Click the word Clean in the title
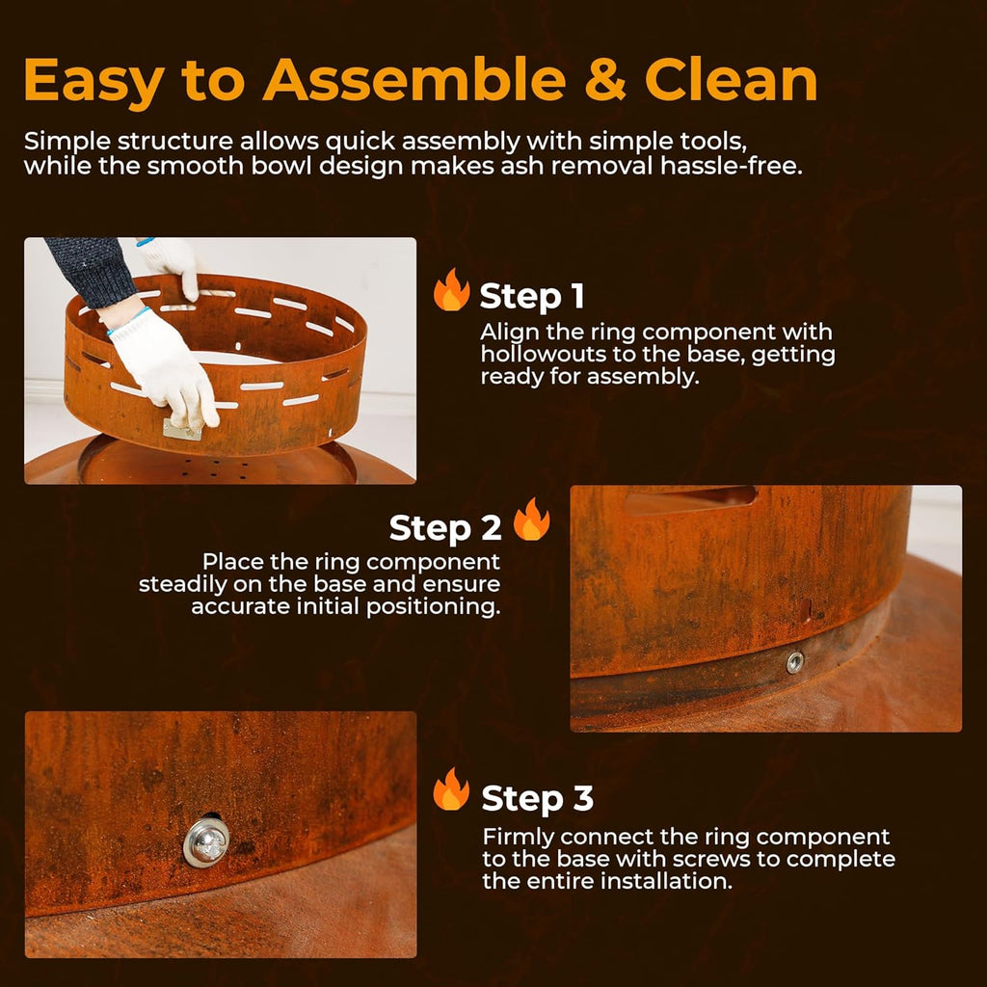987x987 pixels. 732,81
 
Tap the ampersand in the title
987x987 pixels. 605,81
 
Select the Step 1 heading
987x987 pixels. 532,297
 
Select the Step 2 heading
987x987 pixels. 445,528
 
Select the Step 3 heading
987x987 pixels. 537,798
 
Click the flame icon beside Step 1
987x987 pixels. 451,291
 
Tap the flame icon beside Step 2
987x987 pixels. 531,520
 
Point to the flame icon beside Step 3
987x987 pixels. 451,790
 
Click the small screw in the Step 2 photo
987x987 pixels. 794,661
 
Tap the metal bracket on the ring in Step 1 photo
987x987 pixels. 182,429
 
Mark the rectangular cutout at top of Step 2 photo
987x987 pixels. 690,498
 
